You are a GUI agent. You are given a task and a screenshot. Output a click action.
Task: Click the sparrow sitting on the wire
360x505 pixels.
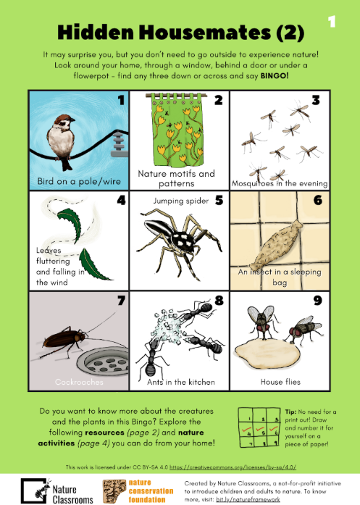click(x=61, y=141)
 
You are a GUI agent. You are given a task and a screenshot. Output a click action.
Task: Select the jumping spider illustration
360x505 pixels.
click(x=180, y=242)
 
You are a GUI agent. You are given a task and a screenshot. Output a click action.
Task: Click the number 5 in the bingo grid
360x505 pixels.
click(x=219, y=200)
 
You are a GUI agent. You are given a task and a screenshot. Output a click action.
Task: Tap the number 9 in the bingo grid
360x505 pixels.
click(x=317, y=301)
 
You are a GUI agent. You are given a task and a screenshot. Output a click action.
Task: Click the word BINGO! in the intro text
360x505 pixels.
click(x=275, y=76)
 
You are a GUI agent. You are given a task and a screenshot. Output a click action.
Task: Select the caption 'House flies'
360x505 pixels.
click(x=280, y=382)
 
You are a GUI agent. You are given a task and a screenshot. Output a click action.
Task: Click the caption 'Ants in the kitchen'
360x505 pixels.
click(x=181, y=382)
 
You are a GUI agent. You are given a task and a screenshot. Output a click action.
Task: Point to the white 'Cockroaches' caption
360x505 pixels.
click(x=79, y=382)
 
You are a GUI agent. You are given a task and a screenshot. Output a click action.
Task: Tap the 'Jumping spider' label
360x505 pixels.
click(x=181, y=201)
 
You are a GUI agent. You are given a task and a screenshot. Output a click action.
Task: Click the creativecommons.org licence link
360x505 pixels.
click(x=233, y=467)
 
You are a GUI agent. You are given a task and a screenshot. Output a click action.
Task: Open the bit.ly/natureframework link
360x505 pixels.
click(x=248, y=499)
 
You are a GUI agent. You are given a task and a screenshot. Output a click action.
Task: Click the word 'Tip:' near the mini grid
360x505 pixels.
click(x=290, y=412)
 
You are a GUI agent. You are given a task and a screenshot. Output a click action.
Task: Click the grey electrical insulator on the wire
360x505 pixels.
click(x=120, y=144)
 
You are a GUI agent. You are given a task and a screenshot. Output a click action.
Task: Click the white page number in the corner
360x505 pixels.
click(x=332, y=22)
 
